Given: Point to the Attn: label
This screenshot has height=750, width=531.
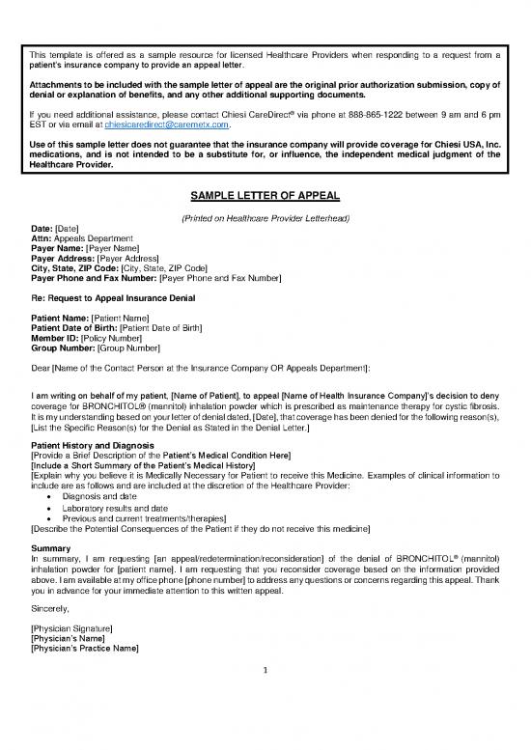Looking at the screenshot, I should coord(44,237).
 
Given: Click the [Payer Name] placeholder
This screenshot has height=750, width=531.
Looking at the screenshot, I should coord(113,248).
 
